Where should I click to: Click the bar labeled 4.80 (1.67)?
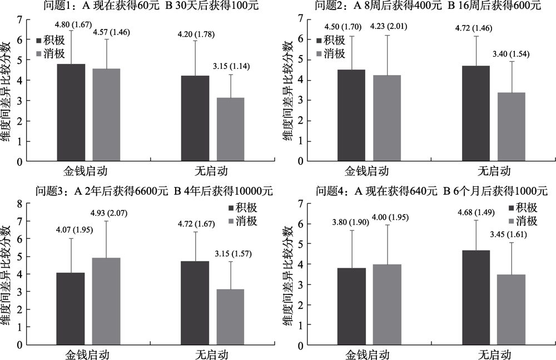point(71,113)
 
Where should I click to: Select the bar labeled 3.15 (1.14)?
point(230,130)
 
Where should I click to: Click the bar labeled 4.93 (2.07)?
point(106,301)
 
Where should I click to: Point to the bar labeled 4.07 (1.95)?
point(71,308)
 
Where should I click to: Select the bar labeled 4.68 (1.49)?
point(476,297)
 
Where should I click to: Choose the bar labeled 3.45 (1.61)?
point(512,309)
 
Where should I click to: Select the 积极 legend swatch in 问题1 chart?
point(39,41)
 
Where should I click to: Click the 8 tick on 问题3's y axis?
point(19,204)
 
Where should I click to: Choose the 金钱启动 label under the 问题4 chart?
point(367,353)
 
